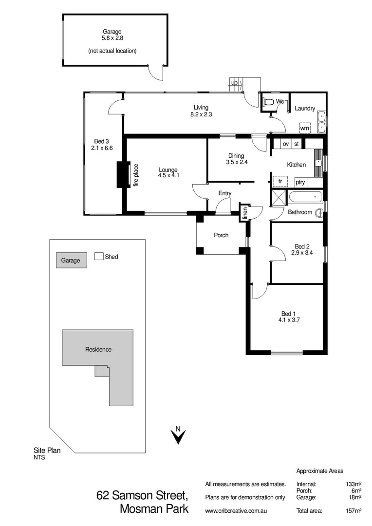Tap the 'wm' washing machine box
click(x=305, y=128)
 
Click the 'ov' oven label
click(x=285, y=144)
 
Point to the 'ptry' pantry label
click(x=300, y=182)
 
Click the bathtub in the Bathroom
click(x=305, y=198)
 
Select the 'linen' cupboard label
click(x=245, y=213)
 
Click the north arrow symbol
click(x=178, y=435)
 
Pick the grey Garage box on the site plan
click(x=71, y=261)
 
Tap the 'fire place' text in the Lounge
click(x=136, y=175)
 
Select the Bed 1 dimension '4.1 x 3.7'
click(x=288, y=319)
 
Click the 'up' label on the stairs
click(x=234, y=83)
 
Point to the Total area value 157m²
click(x=353, y=510)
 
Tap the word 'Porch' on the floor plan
click(x=221, y=235)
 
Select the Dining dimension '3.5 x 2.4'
click(x=237, y=162)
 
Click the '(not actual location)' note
click(x=112, y=51)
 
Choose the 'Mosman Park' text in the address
click(x=153, y=509)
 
